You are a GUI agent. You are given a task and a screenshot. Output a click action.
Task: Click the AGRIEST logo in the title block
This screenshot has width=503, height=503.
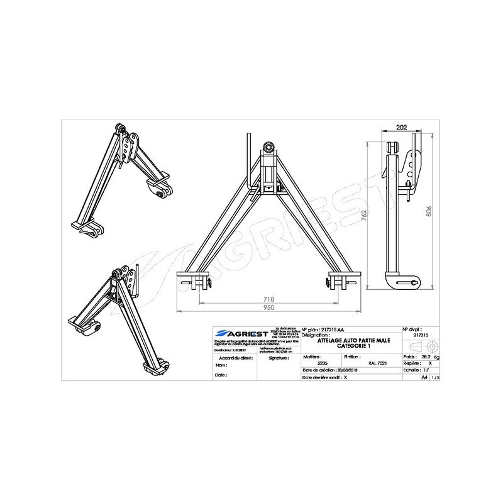coord(241,333)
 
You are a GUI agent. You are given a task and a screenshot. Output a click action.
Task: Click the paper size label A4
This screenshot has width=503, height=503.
coord(424,379)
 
